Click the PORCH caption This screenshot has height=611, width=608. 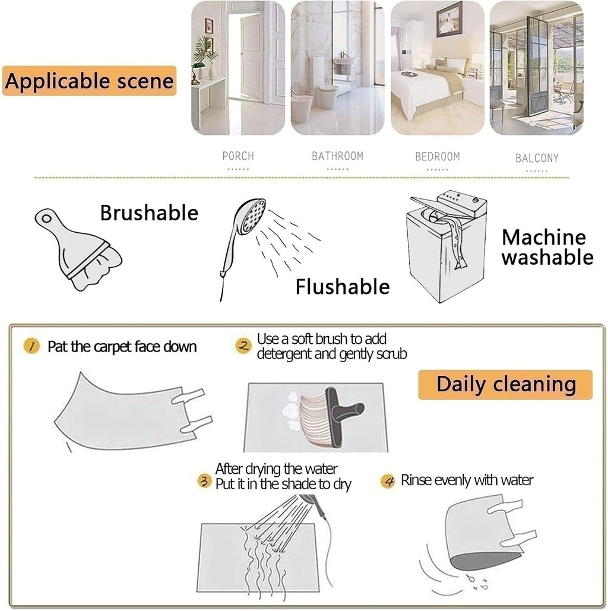[x=237, y=156]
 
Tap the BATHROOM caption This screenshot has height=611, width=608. [x=337, y=156]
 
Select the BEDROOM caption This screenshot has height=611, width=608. [x=437, y=157]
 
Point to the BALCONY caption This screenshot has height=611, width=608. [x=537, y=158]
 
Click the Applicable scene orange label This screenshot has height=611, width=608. [x=89, y=81]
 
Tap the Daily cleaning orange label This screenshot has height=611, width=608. [x=505, y=385]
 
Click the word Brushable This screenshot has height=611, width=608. [x=149, y=213]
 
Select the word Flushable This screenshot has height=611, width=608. [x=343, y=287]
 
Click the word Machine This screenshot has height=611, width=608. [x=544, y=238]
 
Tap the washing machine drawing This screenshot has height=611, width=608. [x=446, y=246]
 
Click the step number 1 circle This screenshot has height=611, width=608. [x=31, y=346]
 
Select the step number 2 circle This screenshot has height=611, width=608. [x=243, y=346]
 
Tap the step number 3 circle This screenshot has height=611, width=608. [x=204, y=480]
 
